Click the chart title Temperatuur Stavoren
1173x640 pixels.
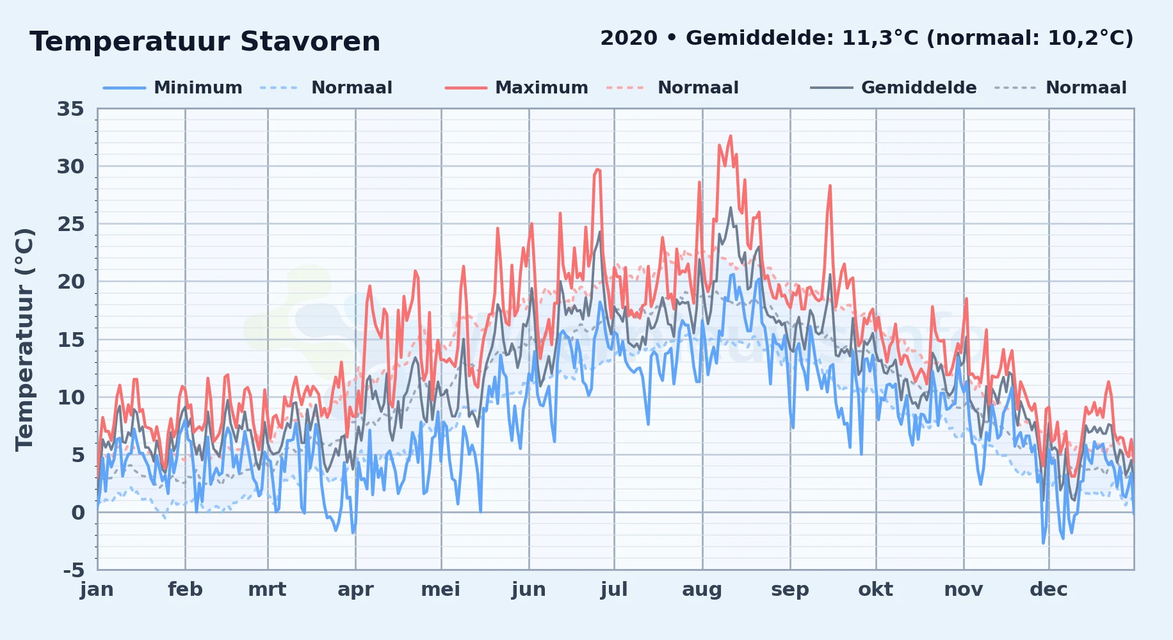[205, 42]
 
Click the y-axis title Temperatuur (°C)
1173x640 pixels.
[24, 340]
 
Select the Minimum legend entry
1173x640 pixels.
[173, 88]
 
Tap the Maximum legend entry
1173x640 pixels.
[516, 88]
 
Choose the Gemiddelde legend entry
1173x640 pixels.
[893, 88]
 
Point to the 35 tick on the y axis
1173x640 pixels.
[70, 109]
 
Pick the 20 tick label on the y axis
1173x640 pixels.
[70, 282]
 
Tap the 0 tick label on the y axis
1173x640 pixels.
[78, 512]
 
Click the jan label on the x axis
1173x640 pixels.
[97, 589]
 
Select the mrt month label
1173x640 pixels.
[268, 589]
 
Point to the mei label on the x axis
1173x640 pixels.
[441, 589]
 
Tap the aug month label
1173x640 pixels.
[702, 590]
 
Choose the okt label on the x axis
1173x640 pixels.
[876, 589]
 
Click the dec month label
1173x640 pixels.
[1049, 589]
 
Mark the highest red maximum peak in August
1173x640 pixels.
[731, 136]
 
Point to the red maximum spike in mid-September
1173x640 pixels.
[830, 186]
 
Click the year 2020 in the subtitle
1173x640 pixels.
[629, 38]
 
